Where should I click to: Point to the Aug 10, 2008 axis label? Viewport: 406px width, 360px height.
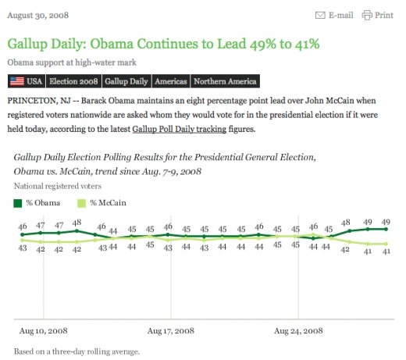[x=42, y=331]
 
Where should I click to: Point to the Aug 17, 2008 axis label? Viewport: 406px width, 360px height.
[x=170, y=331]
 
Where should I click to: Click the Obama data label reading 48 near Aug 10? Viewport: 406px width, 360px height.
[x=77, y=223]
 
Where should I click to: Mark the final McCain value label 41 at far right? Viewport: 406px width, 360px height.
[x=385, y=251]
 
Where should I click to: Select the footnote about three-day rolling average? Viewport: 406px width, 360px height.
[x=77, y=351]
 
